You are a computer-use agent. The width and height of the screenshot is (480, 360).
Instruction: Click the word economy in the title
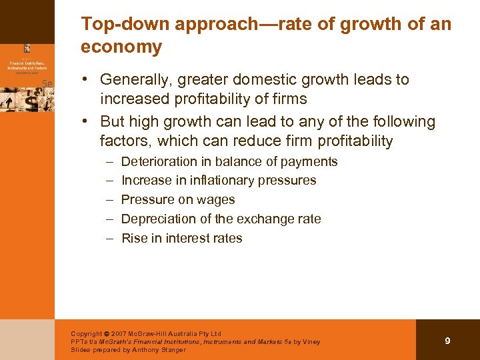[x=121, y=47]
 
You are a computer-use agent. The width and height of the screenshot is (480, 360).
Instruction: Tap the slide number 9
[x=447, y=341]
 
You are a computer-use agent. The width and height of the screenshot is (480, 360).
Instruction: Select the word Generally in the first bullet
[x=133, y=80]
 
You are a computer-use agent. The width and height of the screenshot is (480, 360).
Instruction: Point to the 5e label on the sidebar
[x=47, y=83]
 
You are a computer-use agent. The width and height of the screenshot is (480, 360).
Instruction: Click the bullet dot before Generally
[x=87, y=80]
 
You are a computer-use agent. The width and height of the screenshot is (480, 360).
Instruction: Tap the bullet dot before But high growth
[x=87, y=122]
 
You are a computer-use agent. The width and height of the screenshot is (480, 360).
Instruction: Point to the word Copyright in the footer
[x=87, y=334]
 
